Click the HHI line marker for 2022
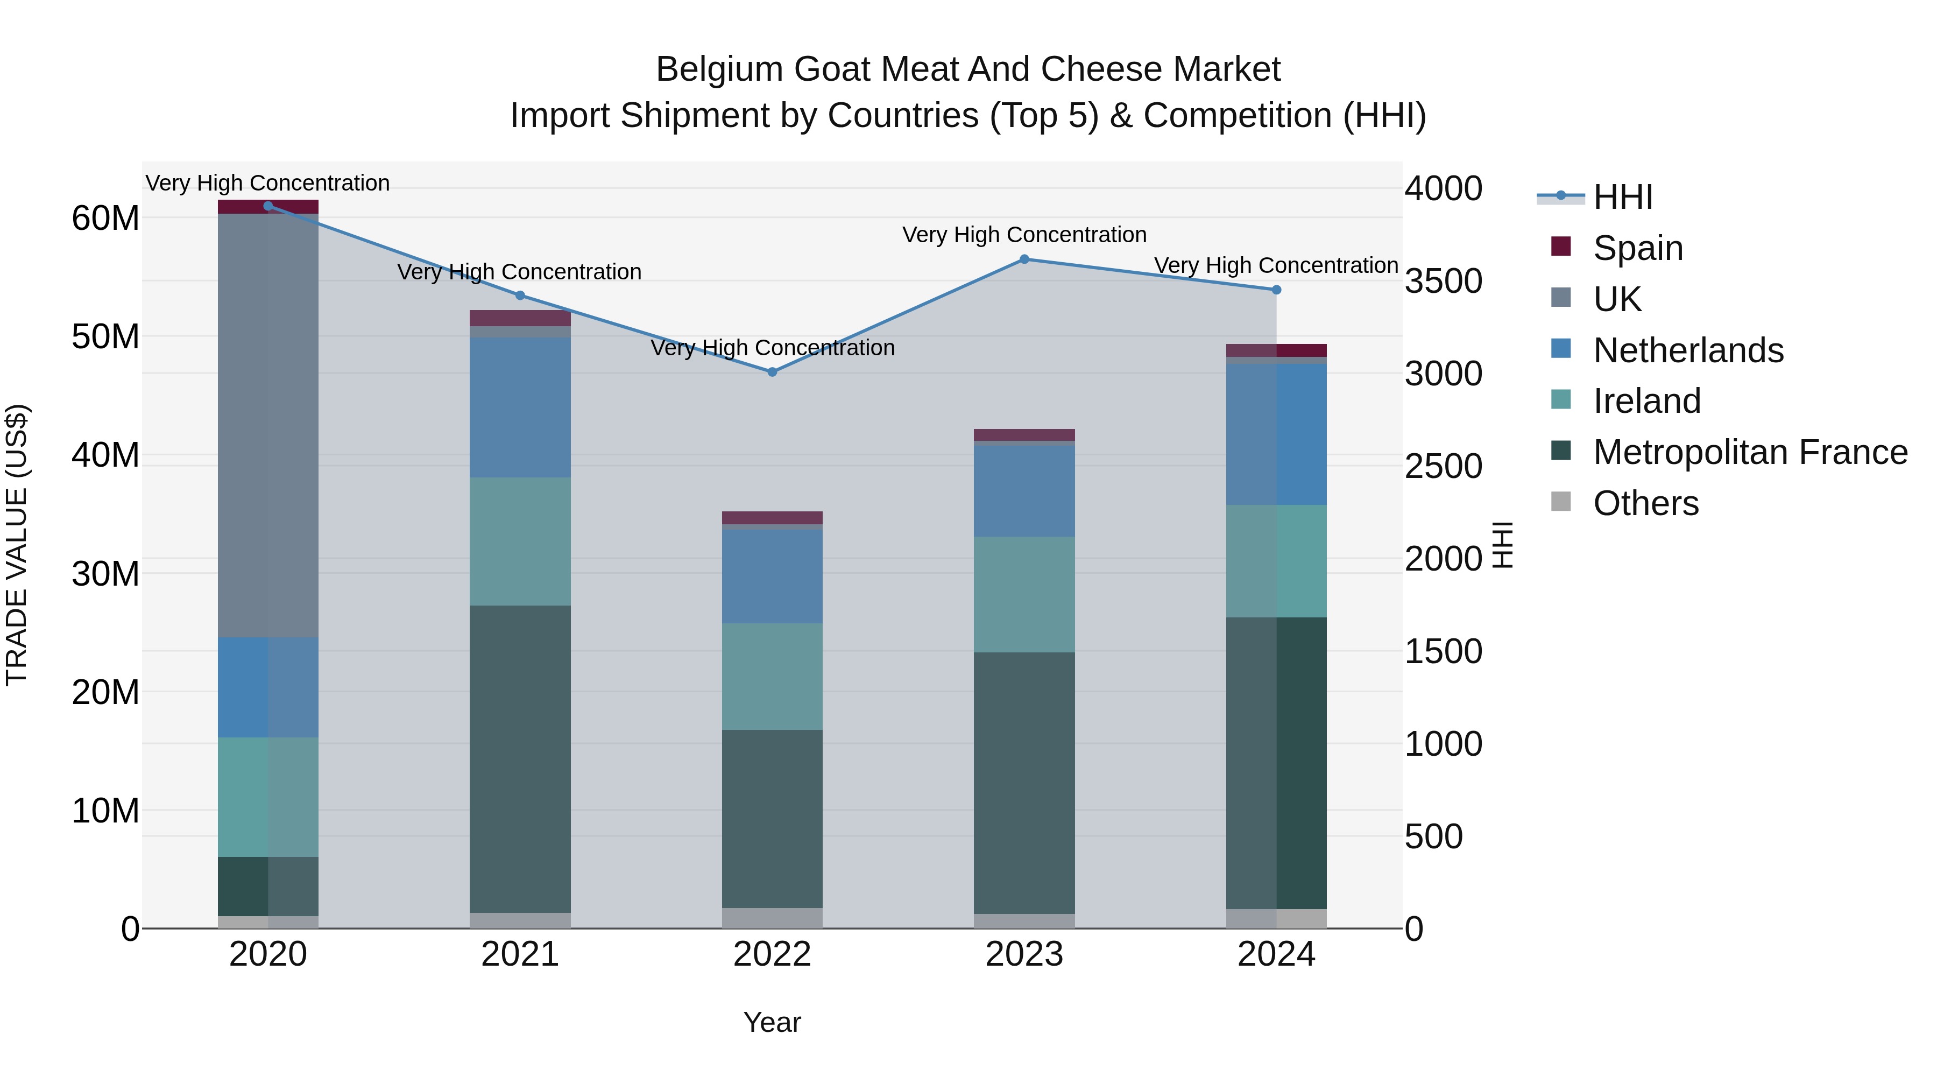pyautogui.click(x=772, y=371)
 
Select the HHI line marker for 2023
pyautogui.click(x=1024, y=259)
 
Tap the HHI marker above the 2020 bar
pyautogui.click(x=268, y=206)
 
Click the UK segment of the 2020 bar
pyautogui.click(x=268, y=425)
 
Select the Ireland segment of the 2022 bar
pyautogui.click(x=772, y=676)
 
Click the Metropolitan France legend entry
pyautogui.click(x=1749, y=452)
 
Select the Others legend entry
pyautogui.click(x=1645, y=503)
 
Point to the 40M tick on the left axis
pyautogui.click(x=105, y=455)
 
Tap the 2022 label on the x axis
pyautogui.click(x=772, y=954)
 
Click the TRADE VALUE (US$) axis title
pyautogui.click(x=17, y=545)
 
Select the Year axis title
pyautogui.click(x=772, y=1022)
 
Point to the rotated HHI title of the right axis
pyautogui.click(x=1502, y=545)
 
